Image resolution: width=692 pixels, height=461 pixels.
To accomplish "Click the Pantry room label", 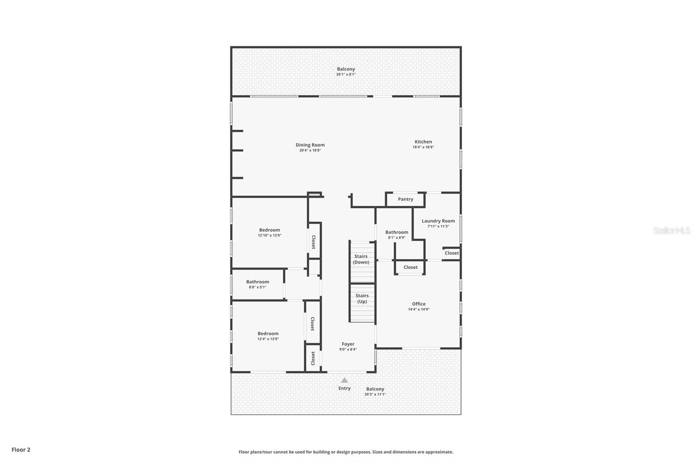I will (405, 199).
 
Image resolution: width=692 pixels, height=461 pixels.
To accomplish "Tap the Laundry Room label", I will (438, 221).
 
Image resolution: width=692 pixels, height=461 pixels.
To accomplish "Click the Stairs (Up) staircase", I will (362, 303).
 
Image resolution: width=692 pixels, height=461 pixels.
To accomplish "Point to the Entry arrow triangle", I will (344, 381).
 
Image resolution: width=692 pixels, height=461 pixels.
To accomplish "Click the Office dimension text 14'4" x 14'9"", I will (419, 310).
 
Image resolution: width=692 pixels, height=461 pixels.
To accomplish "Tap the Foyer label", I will (348, 344).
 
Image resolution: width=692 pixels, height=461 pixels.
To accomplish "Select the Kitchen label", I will (423, 142).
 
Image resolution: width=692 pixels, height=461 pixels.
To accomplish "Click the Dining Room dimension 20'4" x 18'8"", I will (310, 150).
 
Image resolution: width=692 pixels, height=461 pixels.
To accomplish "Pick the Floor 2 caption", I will (21, 450).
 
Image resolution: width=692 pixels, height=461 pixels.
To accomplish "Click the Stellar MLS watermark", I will (671, 231).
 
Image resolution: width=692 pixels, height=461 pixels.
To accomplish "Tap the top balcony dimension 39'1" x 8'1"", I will (346, 74).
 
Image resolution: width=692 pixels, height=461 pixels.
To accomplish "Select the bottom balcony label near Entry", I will (375, 389).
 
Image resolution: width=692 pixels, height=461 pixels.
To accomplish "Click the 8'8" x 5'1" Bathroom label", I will (258, 282).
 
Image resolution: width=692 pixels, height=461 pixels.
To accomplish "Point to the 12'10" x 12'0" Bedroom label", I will (269, 230).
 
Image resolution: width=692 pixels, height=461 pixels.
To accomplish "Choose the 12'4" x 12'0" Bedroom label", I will (268, 333).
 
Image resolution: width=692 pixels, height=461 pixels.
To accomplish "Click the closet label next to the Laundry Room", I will (452, 253).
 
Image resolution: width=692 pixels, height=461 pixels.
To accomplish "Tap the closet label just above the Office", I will (410, 267).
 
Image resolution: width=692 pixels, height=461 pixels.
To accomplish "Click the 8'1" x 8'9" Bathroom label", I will (397, 232).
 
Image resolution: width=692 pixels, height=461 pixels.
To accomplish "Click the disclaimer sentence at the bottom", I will (346, 452).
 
